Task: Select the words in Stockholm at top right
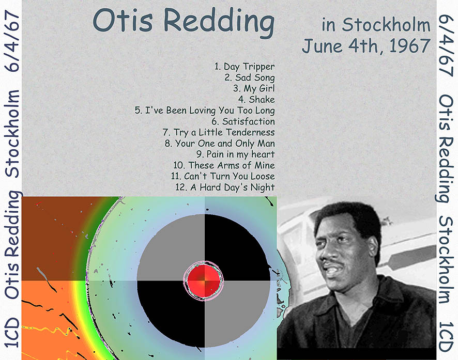pyautogui.click(x=376, y=24)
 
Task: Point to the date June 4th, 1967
pyautogui.click(x=367, y=46)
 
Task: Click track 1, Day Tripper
pyautogui.click(x=245, y=67)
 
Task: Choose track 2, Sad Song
pyautogui.click(x=250, y=77)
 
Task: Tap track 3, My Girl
pyautogui.click(x=254, y=88)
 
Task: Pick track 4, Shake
pyautogui.click(x=256, y=100)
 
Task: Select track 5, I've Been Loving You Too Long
pyautogui.click(x=205, y=111)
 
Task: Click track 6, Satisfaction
pyautogui.click(x=243, y=121)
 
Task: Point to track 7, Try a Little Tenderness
pyautogui.click(x=219, y=132)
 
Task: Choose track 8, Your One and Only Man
pyautogui.click(x=220, y=143)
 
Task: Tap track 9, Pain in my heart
pyautogui.click(x=235, y=154)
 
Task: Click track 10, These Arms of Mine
pyautogui.click(x=224, y=165)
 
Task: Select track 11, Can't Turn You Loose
pyautogui.click(x=223, y=176)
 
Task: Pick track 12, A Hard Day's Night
pyautogui.click(x=225, y=187)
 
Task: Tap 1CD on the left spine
pyautogui.click(x=12, y=333)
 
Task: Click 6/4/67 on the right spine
pyautogui.click(x=446, y=46)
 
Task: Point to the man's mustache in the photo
pyautogui.click(x=330, y=262)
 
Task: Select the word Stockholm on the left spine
pyautogui.click(x=12, y=134)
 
